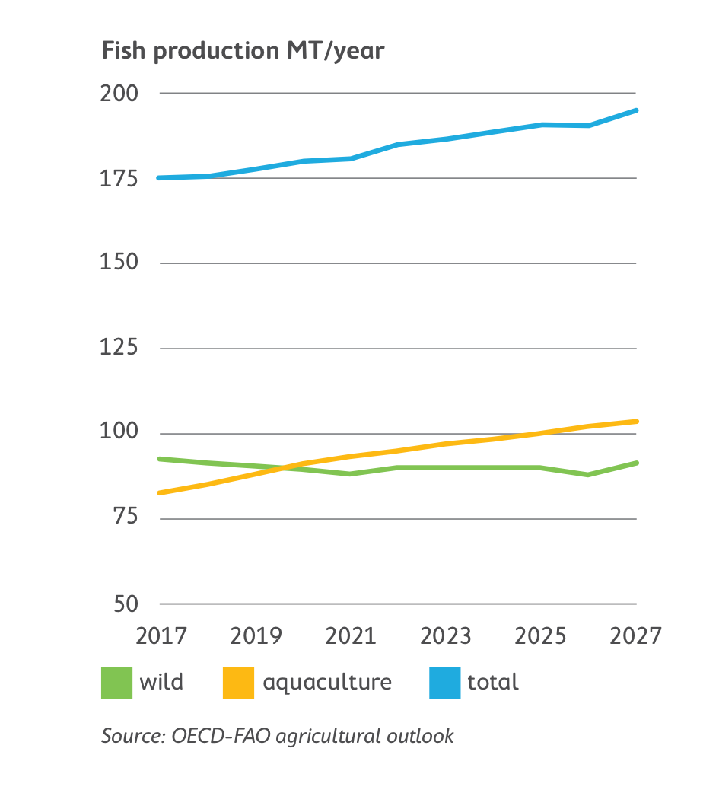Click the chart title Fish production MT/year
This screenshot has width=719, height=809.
243,52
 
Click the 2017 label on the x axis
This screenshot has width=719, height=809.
161,635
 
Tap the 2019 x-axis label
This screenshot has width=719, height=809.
256,635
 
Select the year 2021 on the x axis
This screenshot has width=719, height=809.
351,635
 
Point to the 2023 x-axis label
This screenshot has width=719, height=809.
446,635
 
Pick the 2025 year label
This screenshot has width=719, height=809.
541,635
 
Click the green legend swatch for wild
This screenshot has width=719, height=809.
116,683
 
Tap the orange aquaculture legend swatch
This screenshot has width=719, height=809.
238,683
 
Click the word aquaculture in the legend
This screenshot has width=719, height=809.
327,683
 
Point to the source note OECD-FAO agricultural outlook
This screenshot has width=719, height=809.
278,737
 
